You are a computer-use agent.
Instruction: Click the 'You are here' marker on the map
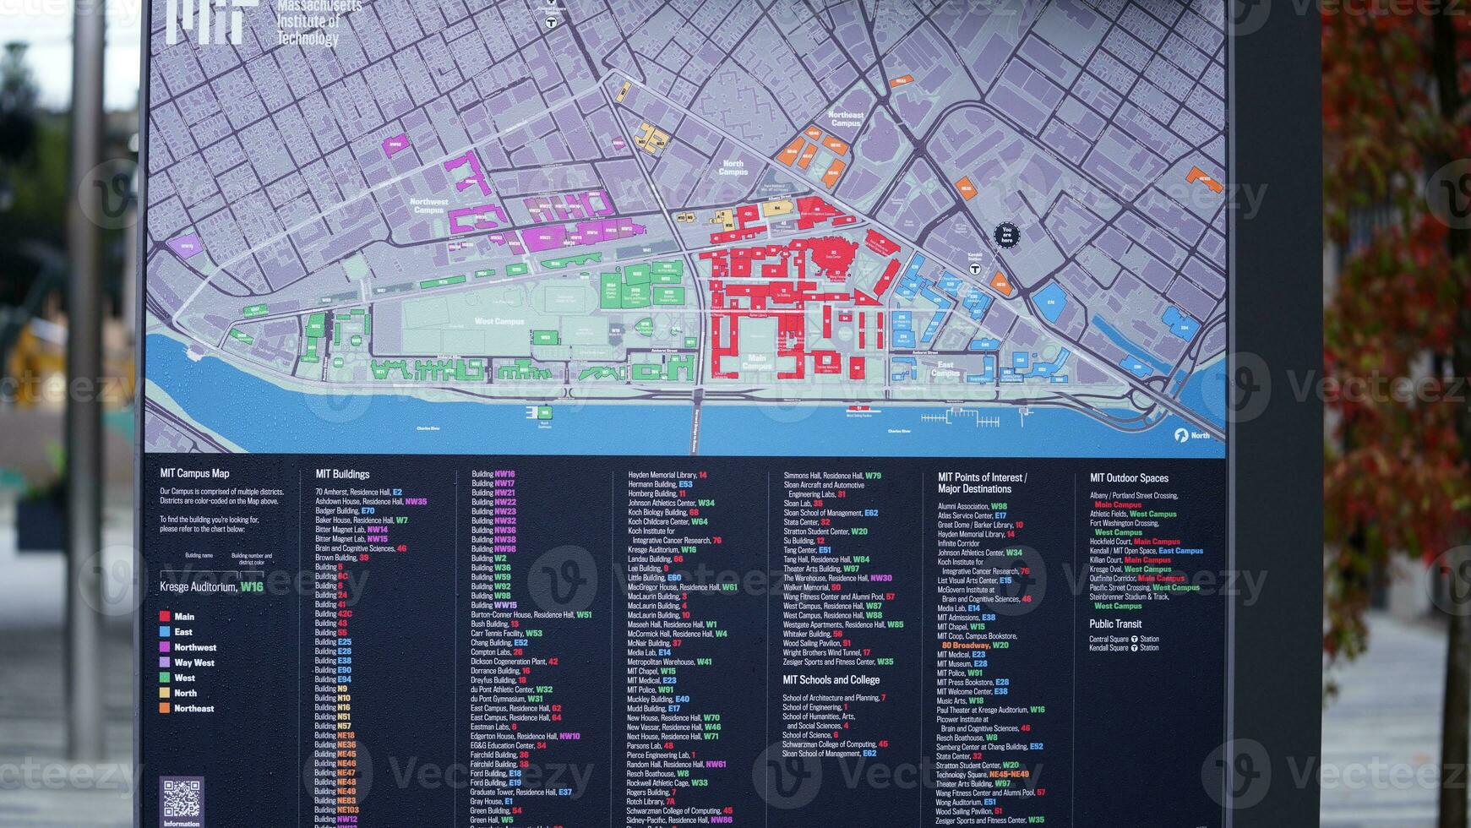point(1005,235)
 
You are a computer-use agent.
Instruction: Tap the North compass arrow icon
point(1181,435)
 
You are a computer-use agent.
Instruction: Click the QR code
point(182,798)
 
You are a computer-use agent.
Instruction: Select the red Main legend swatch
point(165,617)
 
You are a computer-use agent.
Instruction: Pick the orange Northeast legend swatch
point(165,708)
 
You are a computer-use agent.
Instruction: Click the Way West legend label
point(193,662)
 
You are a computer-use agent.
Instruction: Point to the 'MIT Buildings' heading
point(342,474)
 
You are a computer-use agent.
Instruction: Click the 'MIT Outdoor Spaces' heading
point(1129,478)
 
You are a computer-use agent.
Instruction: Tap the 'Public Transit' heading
point(1115,624)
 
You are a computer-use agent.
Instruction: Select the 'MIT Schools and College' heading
point(831,680)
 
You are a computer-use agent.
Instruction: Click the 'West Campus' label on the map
point(499,322)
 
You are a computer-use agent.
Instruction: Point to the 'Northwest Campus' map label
point(428,205)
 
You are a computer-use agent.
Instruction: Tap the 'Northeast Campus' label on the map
point(846,119)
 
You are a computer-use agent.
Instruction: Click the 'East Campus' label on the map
point(945,368)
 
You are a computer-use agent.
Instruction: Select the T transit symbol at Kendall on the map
point(974,269)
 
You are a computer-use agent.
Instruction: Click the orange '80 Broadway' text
point(966,646)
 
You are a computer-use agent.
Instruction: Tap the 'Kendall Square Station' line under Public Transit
point(1124,648)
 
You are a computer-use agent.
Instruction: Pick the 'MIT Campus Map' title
point(194,473)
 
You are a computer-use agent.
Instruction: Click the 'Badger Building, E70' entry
point(345,511)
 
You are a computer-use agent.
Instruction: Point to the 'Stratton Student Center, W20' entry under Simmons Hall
point(825,531)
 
